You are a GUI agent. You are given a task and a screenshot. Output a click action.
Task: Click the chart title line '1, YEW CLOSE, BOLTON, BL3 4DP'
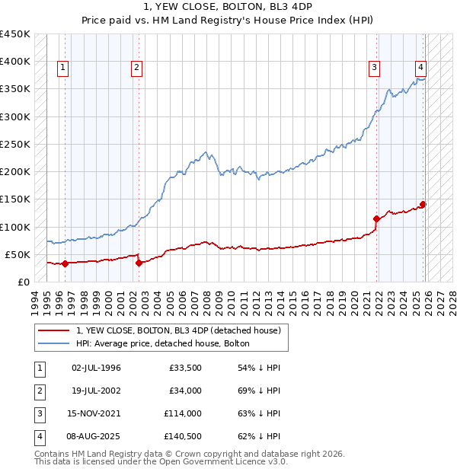pyautogui.click(x=228, y=7)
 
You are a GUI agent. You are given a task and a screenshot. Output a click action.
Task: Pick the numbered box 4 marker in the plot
pyautogui.click(x=420, y=65)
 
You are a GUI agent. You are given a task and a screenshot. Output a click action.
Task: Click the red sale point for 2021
pyautogui.click(x=376, y=219)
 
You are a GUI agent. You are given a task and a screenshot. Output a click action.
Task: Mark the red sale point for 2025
pyautogui.click(x=423, y=204)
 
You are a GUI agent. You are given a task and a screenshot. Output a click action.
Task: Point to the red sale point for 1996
pyautogui.click(x=65, y=263)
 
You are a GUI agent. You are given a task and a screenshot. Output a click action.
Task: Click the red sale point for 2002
pyautogui.click(x=139, y=263)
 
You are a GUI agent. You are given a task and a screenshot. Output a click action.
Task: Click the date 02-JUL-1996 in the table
pyautogui.click(x=96, y=368)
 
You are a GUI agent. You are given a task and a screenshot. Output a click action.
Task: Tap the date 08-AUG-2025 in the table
pyautogui.click(x=96, y=436)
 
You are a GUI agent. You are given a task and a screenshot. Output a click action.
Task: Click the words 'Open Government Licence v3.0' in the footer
pyautogui.click(x=221, y=461)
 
